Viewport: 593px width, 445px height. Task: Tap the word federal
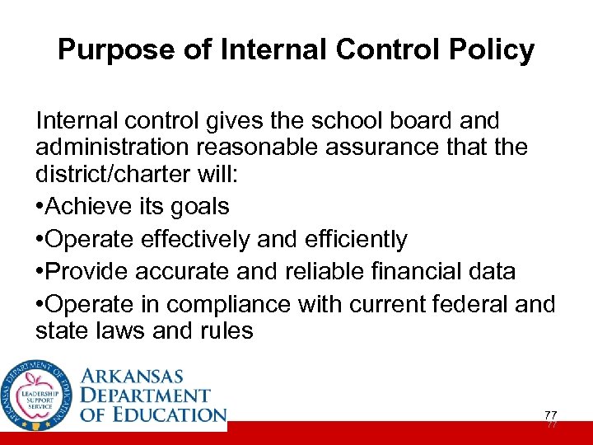[x=465, y=304]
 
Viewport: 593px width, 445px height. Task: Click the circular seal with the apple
[x=37, y=396]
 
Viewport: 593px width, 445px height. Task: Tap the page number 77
[x=550, y=414]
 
